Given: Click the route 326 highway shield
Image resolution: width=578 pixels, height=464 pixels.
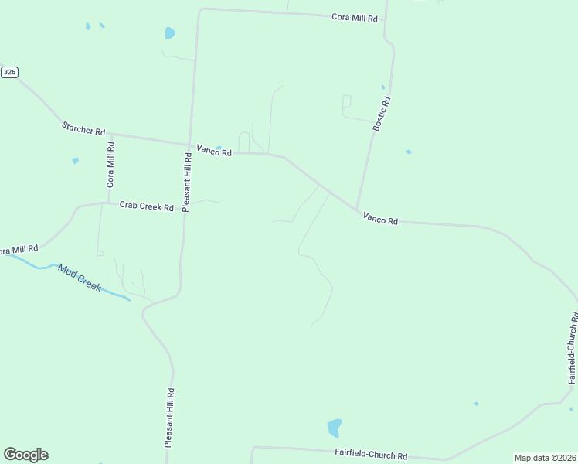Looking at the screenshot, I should (x=9, y=72).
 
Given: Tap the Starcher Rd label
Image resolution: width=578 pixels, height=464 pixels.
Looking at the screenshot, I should (x=83, y=128).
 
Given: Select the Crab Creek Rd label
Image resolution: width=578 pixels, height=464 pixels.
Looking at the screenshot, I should (x=146, y=206).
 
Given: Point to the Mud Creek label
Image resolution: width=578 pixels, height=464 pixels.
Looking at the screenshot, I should (x=80, y=278).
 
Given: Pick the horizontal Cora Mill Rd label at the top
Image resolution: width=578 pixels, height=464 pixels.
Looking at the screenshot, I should (x=355, y=17).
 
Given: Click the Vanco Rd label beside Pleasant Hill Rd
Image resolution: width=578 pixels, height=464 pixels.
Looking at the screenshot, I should (x=214, y=152).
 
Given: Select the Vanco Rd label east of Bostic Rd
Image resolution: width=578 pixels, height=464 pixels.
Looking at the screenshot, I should (x=380, y=220).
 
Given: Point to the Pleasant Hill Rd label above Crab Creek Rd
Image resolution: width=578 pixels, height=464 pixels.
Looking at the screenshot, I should (x=186, y=182).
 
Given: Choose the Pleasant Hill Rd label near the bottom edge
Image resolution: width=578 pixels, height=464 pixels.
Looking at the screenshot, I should (x=169, y=418).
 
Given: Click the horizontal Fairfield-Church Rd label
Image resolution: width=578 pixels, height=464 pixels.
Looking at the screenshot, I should (x=371, y=455).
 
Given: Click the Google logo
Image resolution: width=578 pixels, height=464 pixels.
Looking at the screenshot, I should (x=25, y=455).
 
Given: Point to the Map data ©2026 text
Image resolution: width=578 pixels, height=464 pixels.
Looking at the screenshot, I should (x=545, y=458).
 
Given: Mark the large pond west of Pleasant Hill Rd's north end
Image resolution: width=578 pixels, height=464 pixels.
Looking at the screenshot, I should (x=169, y=33).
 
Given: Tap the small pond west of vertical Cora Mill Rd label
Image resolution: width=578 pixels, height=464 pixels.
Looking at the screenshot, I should (x=75, y=161).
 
